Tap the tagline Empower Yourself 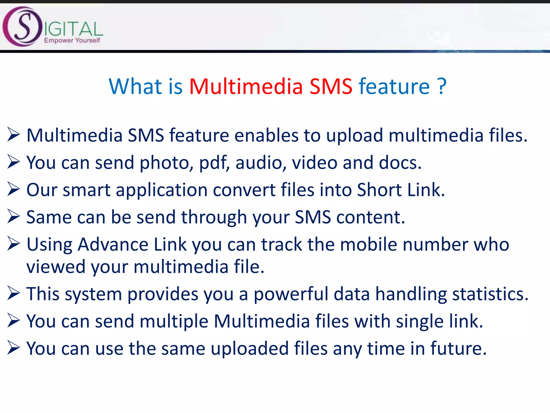(x=72, y=40)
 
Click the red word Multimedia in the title (x=246, y=87)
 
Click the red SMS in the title (x=331, y=87)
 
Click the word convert (x=244, y=190)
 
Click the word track (x=282, y=245)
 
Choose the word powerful (x=291, y=294)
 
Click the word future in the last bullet (x=458, y=349)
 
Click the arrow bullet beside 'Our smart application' (x=14, y=189)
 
